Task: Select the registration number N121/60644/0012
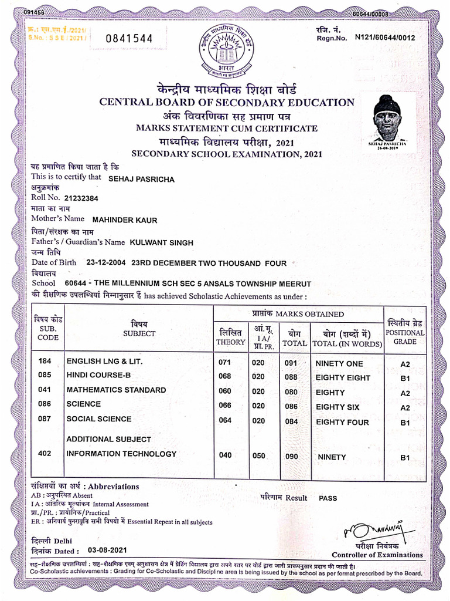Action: click(x=385, y=37)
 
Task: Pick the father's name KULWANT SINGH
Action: click(x=161, y=242)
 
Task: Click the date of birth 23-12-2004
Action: click(x=107, y=264)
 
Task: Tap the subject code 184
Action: click(x=45, y=362)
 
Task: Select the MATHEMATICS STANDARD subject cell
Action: click(x=116, y=390)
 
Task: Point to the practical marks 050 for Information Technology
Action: click(x=258, y=455)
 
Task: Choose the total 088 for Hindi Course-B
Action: click(x=291, y=377)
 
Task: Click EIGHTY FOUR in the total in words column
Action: click(x=342, y=422)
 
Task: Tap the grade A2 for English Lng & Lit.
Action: click(x=405, y=364)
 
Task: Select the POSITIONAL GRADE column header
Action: click(x=405, y=332)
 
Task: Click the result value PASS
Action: click(x=328, y=498)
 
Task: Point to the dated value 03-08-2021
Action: click(x=107, y=550)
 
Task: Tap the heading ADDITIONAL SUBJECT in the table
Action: click(x=108, y=439)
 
